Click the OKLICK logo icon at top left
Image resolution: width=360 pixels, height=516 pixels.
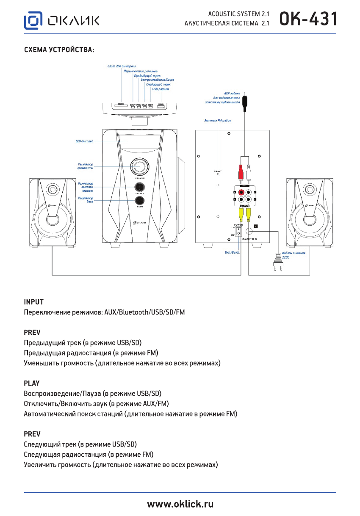pos(33,20)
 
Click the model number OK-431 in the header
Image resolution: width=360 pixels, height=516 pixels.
pos(309,19)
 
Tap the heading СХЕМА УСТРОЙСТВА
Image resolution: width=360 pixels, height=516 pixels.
pos(59,50)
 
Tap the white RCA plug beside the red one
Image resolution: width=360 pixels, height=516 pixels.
pos(249,172)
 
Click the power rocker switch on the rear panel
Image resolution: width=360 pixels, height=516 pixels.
pos(238,232)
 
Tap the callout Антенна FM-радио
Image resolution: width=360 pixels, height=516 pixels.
pos(218,121)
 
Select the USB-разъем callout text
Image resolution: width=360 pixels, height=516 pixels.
pos(161,89)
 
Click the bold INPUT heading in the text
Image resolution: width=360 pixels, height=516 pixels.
pos(33,302)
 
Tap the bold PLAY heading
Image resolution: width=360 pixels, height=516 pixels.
pos(32,383)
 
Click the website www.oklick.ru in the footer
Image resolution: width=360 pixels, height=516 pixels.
pos(180,504)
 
